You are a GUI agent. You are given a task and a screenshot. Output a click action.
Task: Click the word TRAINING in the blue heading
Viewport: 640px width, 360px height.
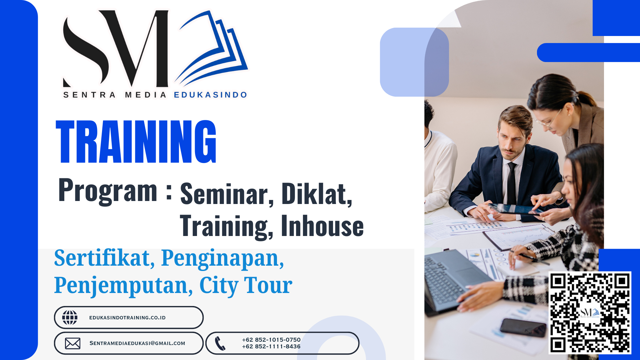click(136, 141)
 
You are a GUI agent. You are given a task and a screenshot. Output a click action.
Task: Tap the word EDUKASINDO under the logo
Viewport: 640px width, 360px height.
click(211, 95)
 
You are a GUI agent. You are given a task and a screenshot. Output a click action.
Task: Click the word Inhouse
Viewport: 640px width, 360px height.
click(322, 226)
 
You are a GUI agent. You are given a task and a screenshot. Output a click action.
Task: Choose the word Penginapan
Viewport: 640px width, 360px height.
click(223, 259)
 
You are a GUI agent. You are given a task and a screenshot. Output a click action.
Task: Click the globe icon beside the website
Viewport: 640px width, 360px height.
click(70, 317)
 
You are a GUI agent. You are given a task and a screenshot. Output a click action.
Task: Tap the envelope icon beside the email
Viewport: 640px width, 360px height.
click(73, 343)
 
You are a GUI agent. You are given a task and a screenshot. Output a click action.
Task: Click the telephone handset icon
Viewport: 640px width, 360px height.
click(220, 343)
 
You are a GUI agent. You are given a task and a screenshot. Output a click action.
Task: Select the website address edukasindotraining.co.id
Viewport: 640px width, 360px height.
click(127, 318)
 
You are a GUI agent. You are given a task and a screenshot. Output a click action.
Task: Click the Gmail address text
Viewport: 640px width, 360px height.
click(137, 343)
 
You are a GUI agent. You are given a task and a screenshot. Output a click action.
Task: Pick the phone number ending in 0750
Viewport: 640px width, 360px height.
click(271, 340)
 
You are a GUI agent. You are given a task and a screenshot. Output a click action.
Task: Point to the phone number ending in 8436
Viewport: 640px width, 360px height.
click(271, 347)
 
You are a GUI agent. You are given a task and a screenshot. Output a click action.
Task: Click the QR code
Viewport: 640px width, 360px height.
click(590, 313)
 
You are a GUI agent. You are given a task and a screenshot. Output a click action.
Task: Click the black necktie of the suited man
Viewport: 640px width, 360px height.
click(512, 183)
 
